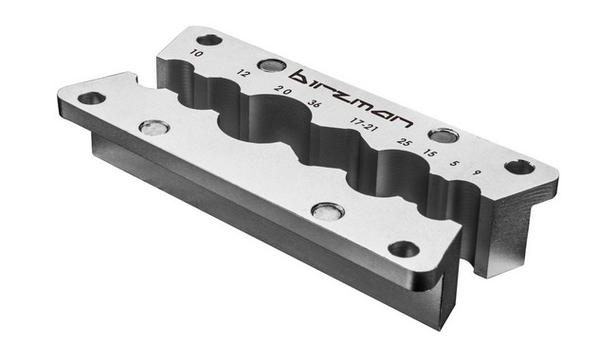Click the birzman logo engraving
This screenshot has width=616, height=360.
coord(352,98)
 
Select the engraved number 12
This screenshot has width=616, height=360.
coord(245,73)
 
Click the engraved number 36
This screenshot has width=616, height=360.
coord(313,105)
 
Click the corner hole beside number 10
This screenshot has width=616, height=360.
coord(208,40)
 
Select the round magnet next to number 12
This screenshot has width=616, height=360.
coord(271,65)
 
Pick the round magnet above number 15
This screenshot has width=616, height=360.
coord(442,135)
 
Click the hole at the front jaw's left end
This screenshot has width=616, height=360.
coord(91,98)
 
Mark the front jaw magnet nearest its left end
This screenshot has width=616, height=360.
coord(150,127)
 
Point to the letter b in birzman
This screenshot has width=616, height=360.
coord(303,76)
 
